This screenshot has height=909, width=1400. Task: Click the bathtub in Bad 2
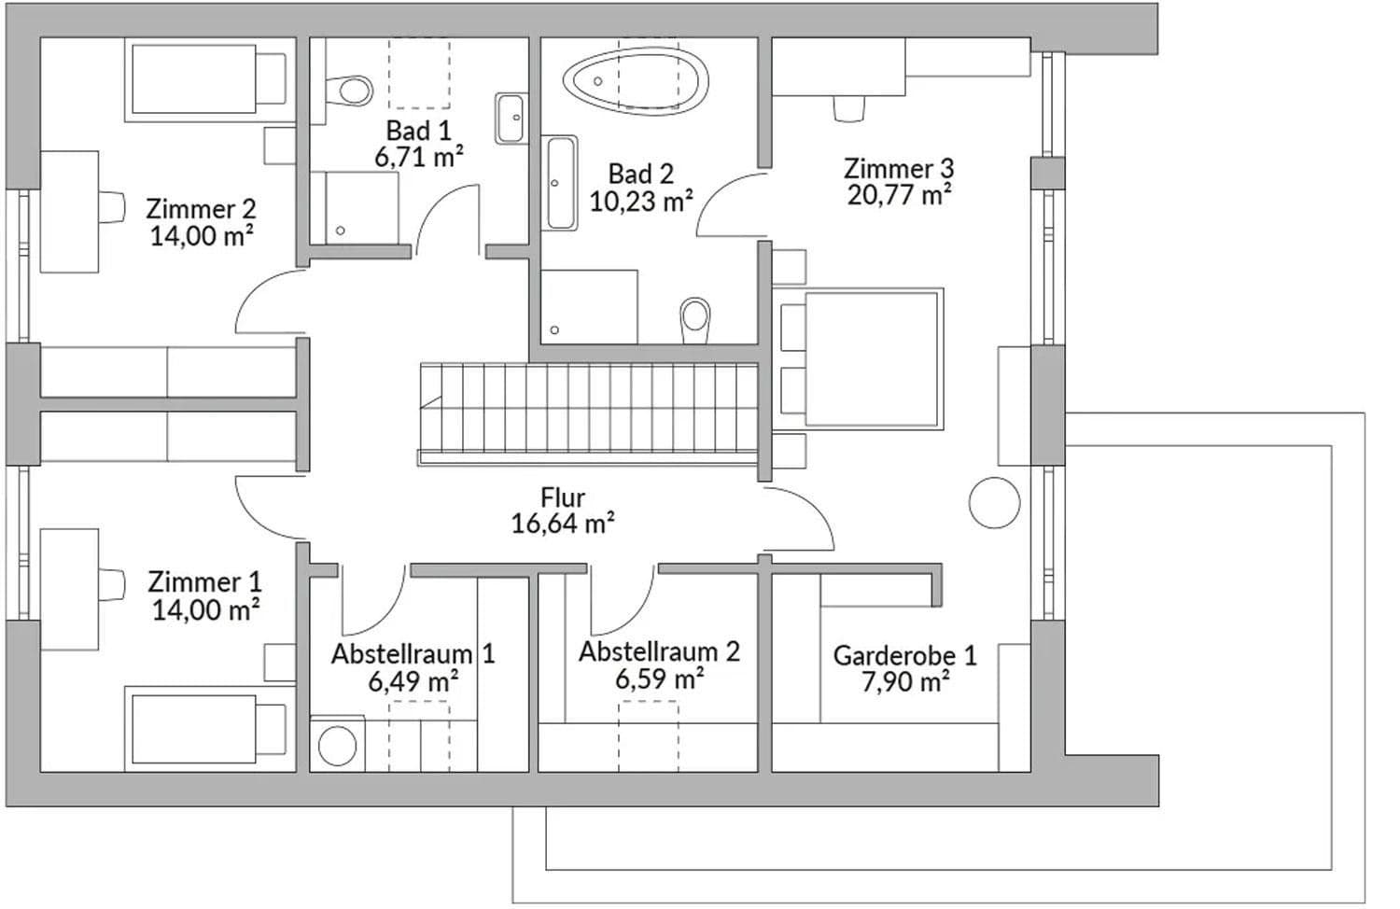coord(637,81)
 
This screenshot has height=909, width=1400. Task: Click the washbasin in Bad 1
coord(510,119)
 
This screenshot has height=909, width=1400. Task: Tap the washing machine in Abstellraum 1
coord(337,745)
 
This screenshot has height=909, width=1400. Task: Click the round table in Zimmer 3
coord(994,503)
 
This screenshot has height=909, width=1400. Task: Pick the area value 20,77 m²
coord(899,195)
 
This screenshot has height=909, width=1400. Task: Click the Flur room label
coord(563,498)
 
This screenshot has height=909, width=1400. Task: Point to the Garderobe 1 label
coord(904,655)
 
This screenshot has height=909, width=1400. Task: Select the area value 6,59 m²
coord(659,678)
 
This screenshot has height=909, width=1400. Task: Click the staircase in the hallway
coord(588,411)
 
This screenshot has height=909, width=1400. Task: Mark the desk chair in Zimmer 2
coord(112,207)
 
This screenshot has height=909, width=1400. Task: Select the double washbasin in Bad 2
coord(561,183)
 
